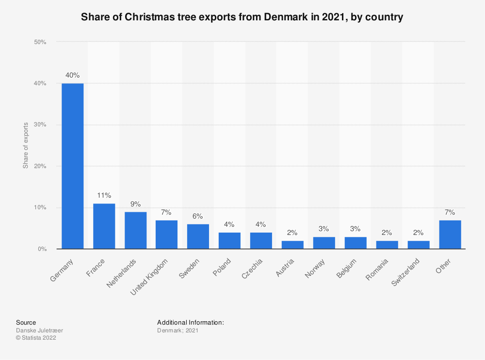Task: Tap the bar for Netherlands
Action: (x=135, y=230)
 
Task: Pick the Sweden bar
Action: (x=198, y=236)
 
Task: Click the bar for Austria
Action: (x=292, y=245)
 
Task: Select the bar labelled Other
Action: (x=450, y=235)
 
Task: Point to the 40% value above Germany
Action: (x=73, y=75)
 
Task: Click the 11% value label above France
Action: (x=104, y=195)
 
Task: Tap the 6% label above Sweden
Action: (x=198, y=216)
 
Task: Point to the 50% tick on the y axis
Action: (x=40, y=42)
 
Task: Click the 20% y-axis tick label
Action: (x=40, y=166)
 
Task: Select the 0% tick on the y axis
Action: (x=42, y=249)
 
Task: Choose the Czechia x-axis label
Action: (x=252, y=269)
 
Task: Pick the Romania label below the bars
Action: (x=377, y=270)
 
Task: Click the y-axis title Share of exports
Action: (x=25, y=145)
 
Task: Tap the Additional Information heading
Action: (x=190, y=322)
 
